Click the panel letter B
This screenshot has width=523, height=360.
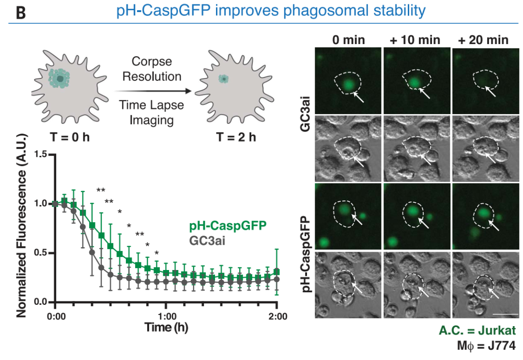tap(20, 13)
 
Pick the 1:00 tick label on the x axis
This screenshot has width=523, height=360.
tap(166, 317)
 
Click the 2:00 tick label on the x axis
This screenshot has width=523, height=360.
tap(277, 317)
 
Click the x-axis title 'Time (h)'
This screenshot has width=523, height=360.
tap(166, 328)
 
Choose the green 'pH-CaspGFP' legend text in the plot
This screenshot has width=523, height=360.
tap(222, 226)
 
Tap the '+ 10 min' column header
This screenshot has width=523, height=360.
tap(415, 40)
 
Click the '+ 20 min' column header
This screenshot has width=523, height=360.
tap(483, 40)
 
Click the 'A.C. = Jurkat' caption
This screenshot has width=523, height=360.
tap(477, 331)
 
